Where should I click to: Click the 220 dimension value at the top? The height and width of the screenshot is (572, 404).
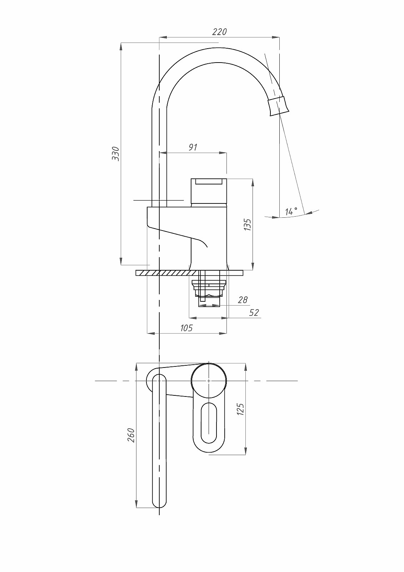coord(219,32)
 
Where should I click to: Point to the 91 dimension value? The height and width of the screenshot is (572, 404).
coord(193,147)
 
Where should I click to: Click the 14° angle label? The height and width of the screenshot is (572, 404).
coord(291,211)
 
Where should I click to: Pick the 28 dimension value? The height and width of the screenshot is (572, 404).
coord(243,300)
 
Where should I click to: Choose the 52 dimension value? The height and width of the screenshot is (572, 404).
coord(254,312)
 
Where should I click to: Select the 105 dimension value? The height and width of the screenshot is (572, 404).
coord(186,328)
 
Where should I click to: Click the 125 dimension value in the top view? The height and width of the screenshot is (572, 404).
coord(240,409)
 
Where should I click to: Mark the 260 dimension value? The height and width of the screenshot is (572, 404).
coord(131,435)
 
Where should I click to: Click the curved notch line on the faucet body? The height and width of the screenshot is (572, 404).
coord(202,242)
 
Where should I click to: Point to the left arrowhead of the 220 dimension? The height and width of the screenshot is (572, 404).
coord(161,37)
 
